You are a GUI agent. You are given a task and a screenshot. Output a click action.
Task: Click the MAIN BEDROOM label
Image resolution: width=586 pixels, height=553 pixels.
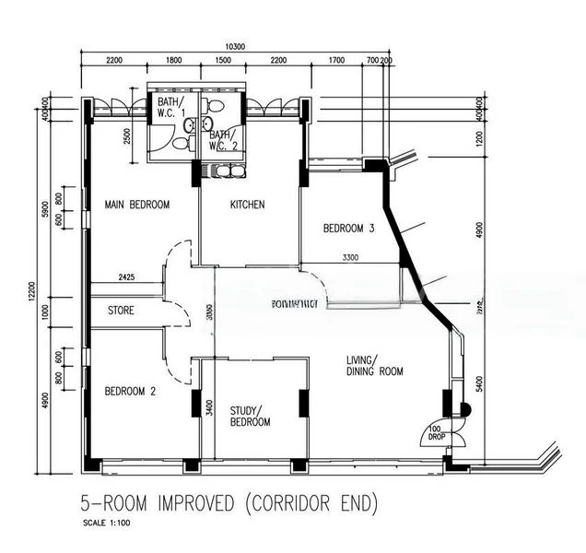136,205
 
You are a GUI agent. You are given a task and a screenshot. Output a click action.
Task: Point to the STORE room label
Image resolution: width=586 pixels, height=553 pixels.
121,311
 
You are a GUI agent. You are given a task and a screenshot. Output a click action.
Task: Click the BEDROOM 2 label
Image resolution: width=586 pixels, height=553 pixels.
129,391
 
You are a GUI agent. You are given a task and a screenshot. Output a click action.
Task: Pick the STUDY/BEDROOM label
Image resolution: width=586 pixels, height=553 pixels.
251,416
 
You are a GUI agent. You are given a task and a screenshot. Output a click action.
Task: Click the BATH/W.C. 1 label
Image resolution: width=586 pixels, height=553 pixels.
170,108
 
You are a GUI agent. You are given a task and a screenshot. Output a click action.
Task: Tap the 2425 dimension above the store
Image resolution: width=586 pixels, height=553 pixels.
127,276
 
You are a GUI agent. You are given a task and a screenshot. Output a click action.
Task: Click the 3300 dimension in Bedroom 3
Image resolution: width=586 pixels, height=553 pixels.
350,258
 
